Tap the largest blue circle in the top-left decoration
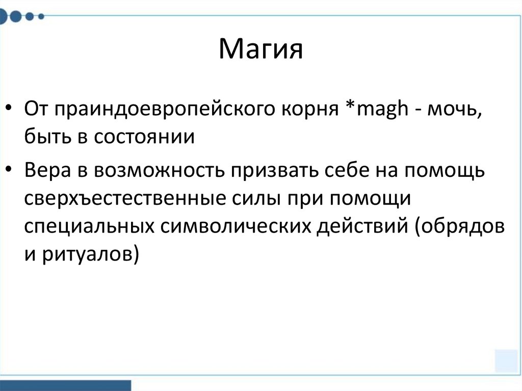[x=16, y=16]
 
